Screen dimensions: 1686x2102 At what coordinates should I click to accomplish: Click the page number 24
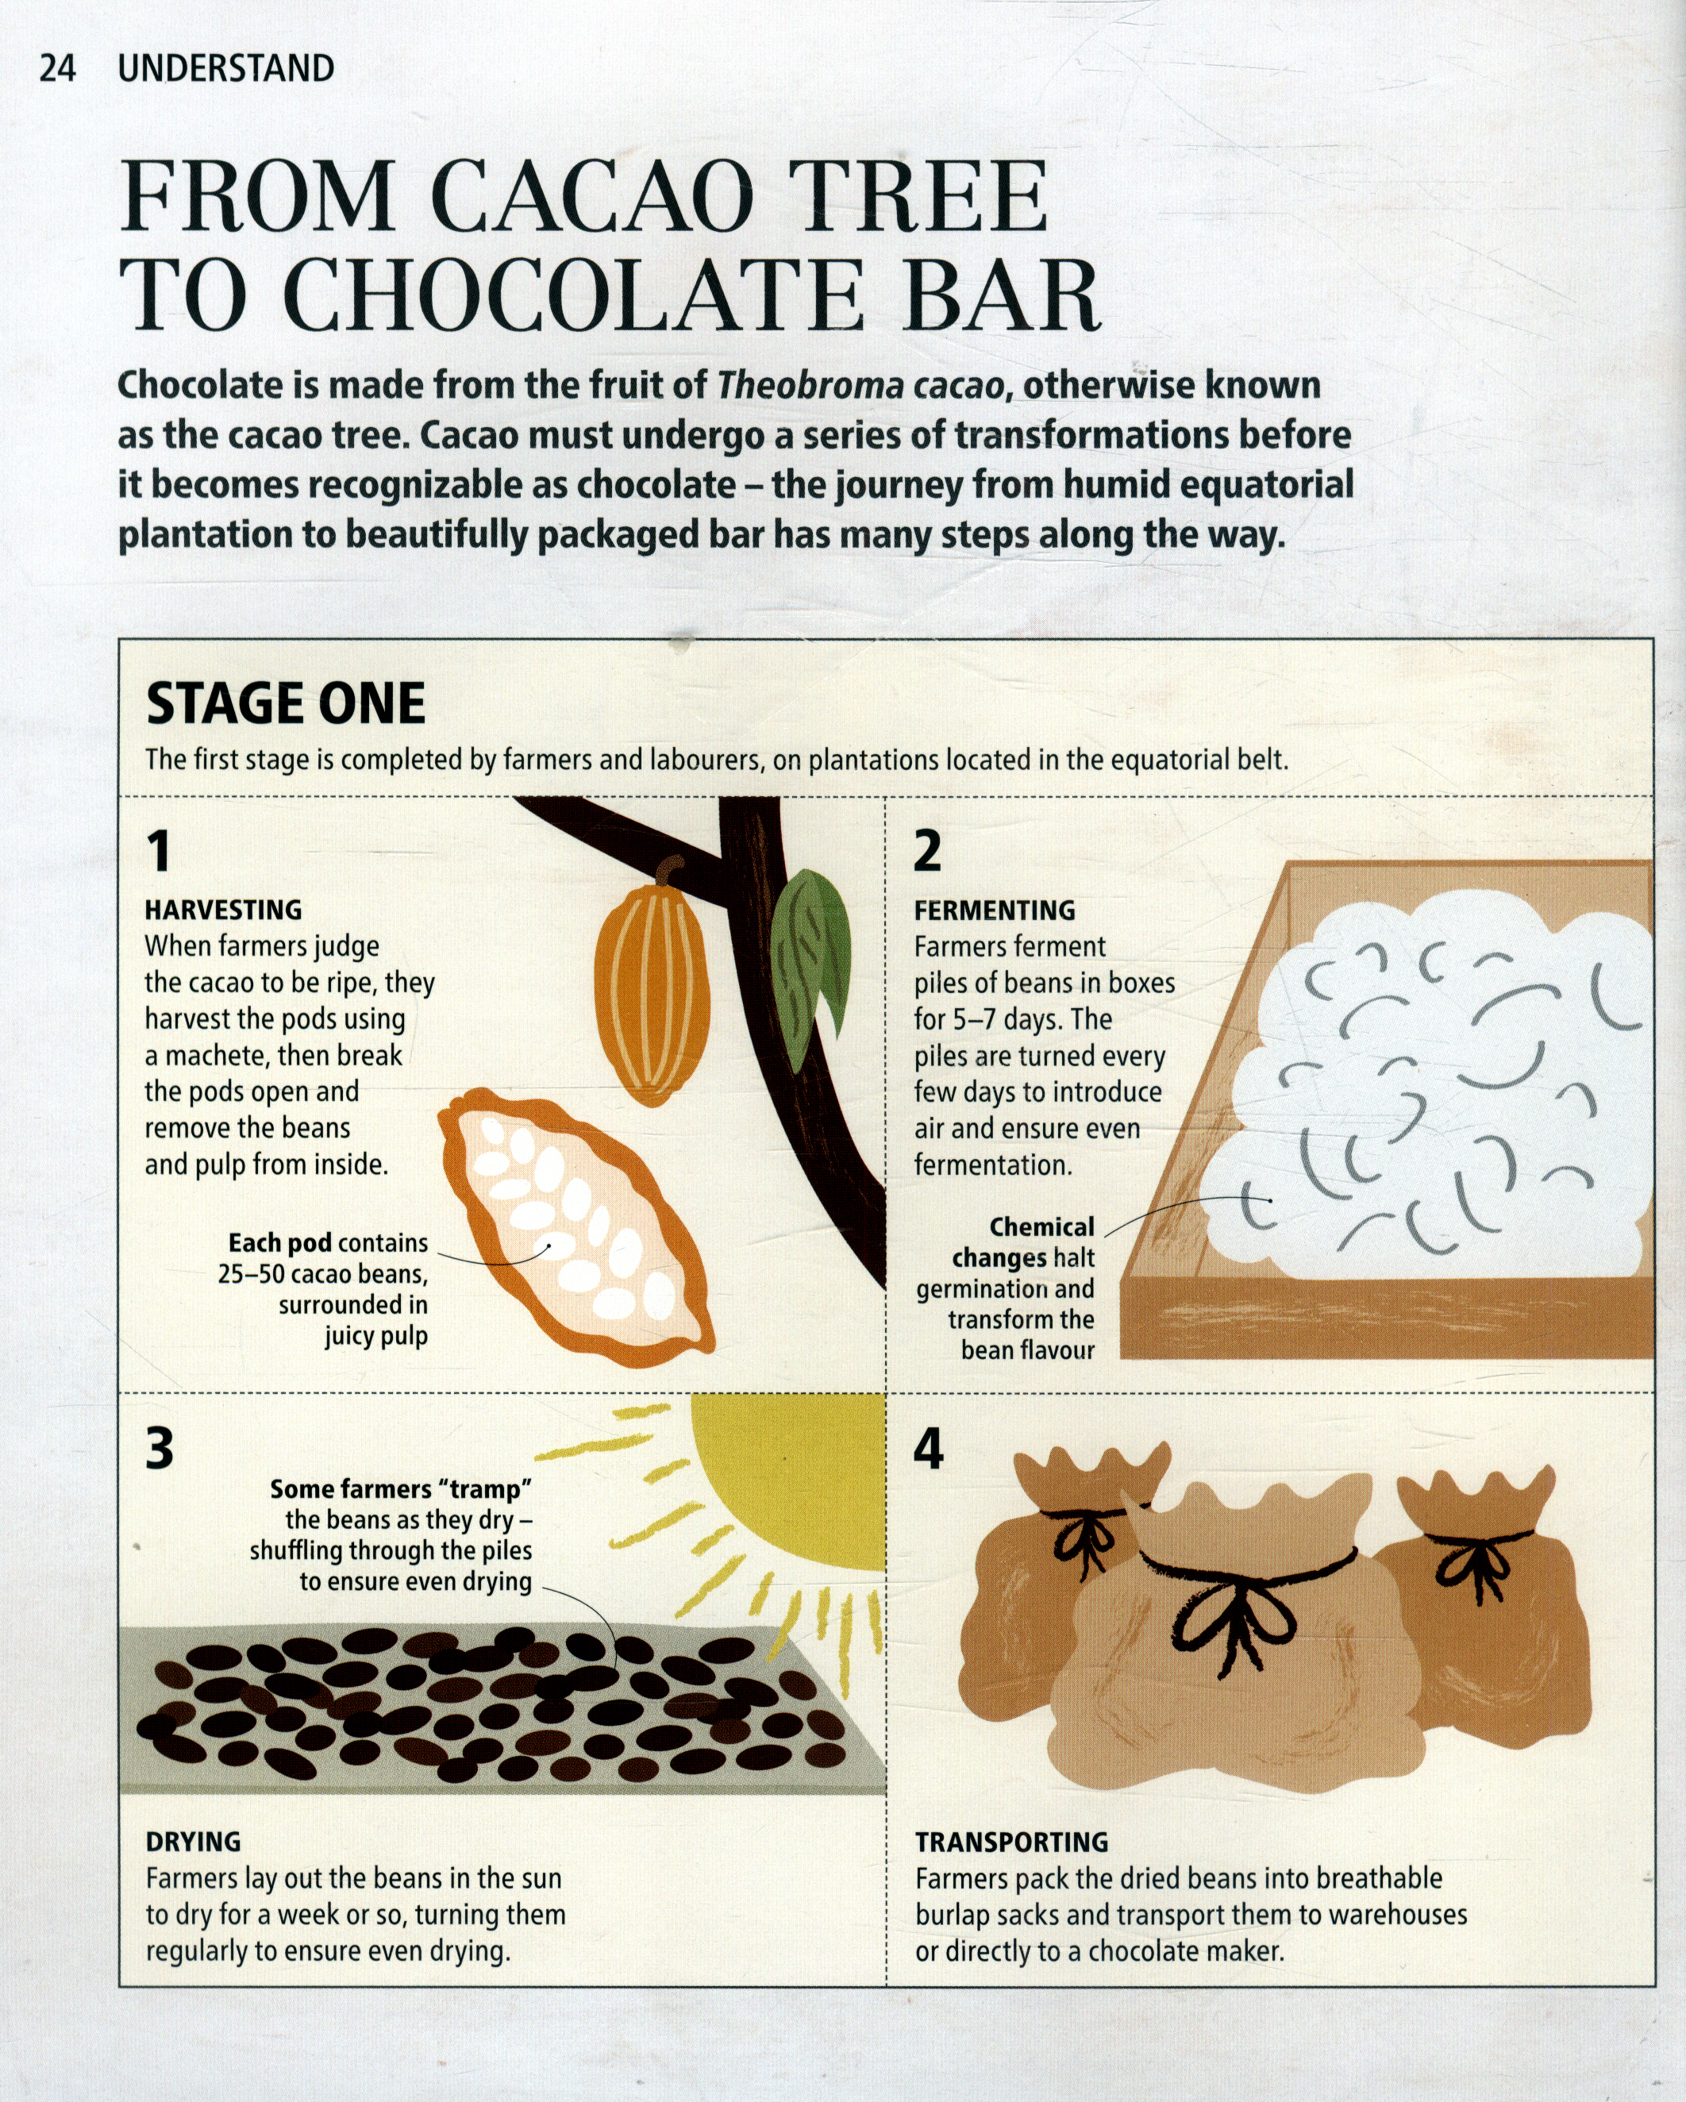tap(57, 68)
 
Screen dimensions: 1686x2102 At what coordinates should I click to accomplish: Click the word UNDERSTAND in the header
tap(225, 68)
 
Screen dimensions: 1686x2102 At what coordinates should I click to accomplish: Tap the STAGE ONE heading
tap(286, 703)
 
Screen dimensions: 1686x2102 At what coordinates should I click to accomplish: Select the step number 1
tap(159, 850)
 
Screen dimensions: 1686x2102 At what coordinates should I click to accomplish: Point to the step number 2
tap(927, 850)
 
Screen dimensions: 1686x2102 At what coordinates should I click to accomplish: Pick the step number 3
tap(160, 1448)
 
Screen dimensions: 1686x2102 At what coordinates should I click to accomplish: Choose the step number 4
tap(928, 1448)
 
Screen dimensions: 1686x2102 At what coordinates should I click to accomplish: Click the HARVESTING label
tap(223, 910)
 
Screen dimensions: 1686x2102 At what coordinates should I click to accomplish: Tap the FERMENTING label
tap(995, 910)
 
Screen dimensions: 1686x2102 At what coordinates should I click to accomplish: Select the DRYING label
tap(193, 1842)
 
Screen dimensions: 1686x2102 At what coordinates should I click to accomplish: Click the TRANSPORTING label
tap(1011, 1842)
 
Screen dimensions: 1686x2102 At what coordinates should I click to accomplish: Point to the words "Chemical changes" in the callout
tap(1024, 1242)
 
